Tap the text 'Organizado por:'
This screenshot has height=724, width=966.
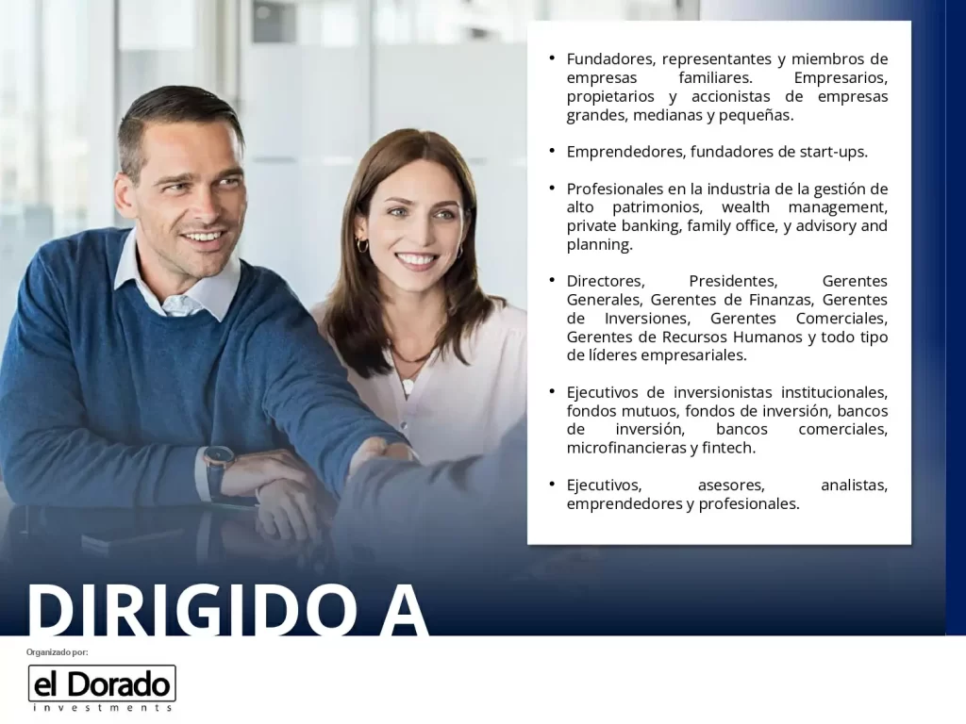(x=58, y=652)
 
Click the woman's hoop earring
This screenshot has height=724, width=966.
(x=362, y=246)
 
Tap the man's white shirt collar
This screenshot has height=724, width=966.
(x=178, y=280)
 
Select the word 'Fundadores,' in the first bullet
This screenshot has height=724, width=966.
(x=610, y=59)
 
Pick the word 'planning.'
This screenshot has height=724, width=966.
(x=599, y=245)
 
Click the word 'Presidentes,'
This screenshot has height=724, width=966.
(x=733, y=281)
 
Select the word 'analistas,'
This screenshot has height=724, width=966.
(x=854, y=485)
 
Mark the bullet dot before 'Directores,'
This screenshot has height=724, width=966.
(x=552, y=280)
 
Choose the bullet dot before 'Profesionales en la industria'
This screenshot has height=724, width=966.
(x=552, y=188)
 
